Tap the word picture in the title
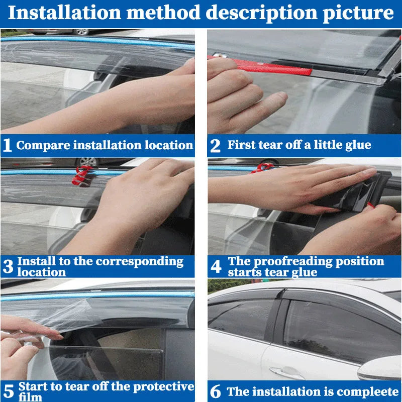pos(357,13)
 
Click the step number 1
pos(8,146)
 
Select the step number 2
pos(215,146)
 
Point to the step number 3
pos(8,267)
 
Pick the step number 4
pos(216,267)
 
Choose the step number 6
pos(216,391)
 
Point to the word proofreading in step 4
pos(288,261)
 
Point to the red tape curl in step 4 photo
pos(260,168)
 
